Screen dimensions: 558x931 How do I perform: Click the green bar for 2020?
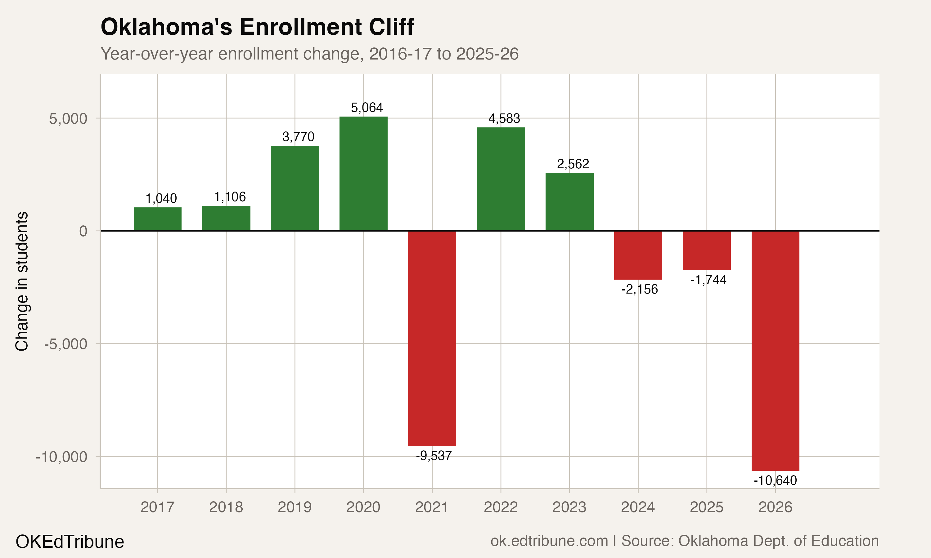tap(363, 174)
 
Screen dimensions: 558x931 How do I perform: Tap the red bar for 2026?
tap(775, 350)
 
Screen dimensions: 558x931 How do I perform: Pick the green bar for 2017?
tap(157, 219)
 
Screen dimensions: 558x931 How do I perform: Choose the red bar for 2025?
tap(706, 250)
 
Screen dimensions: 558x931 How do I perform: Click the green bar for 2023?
tap(569, 202)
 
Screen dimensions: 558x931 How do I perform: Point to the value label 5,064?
tap(367, 108)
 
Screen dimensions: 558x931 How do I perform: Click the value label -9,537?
tap(434, 456)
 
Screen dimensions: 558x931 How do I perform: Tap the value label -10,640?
tap(775, 480)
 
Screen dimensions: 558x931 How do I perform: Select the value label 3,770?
tap(298, 137)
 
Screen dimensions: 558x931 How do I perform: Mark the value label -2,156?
tap(639, 289)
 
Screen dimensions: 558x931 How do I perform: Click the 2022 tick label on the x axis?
tap(501, 507)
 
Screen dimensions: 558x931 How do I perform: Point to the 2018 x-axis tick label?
tap(226, 507)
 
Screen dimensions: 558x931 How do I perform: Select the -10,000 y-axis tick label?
tap(61, 457)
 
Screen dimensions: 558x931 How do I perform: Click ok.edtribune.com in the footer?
tap(549, 541)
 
